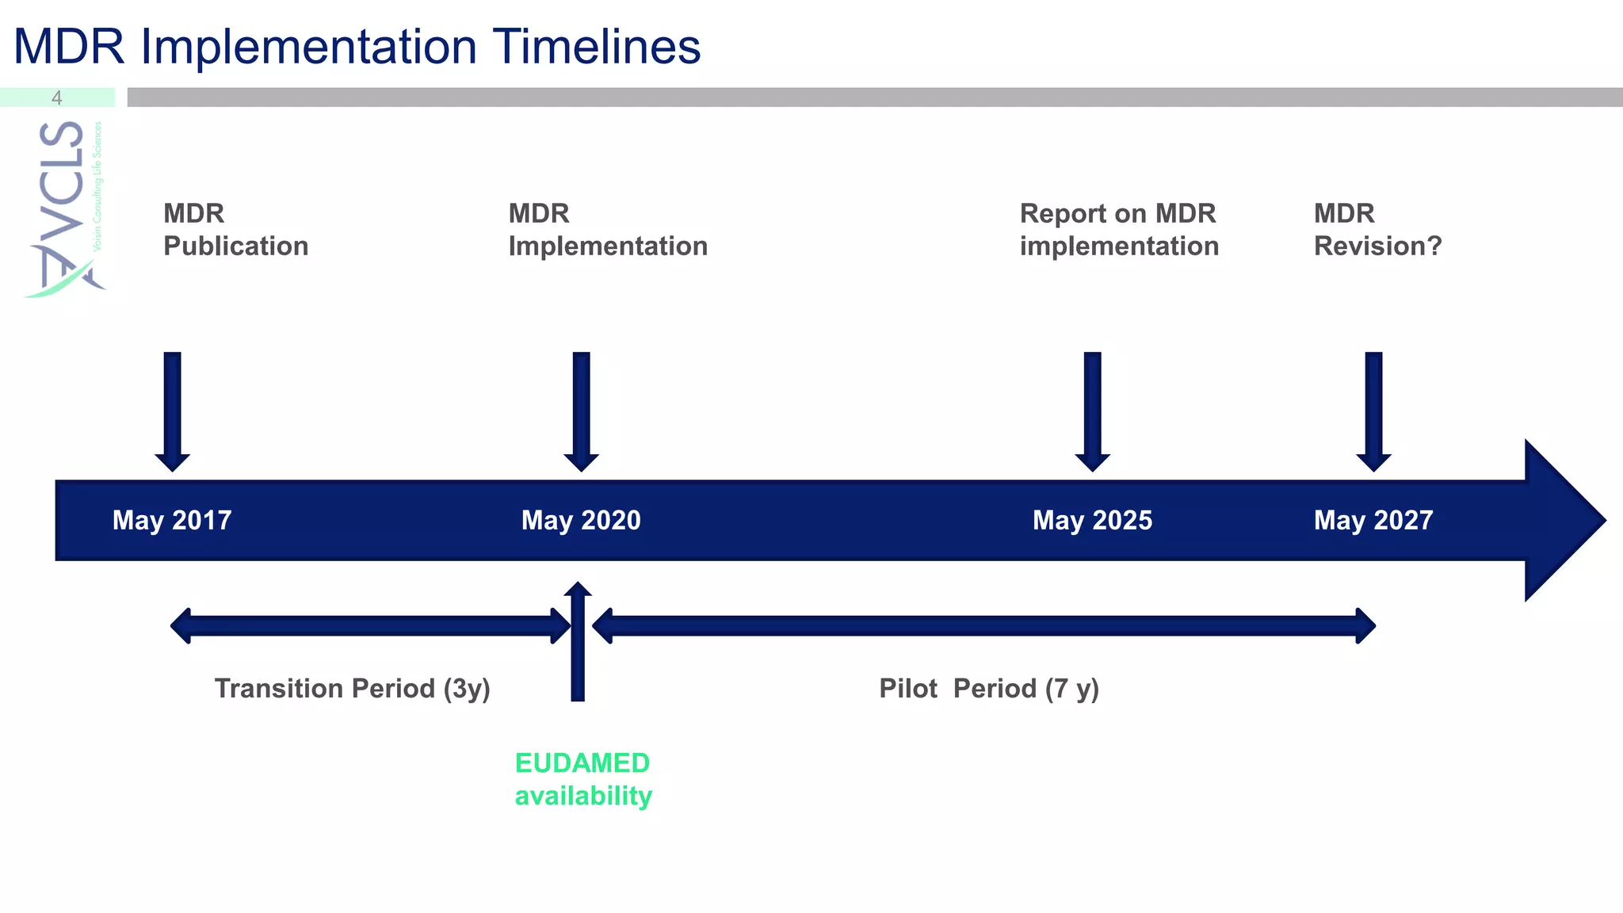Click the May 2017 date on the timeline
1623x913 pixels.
pyautogui.click(x=172, y=520)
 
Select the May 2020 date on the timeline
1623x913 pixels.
pyautogui.click(x=581, y=520)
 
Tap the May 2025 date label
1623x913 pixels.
pyautogui.click(x=1092, y=520)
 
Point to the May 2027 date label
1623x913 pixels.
pyautogui.click(x=1373, y=520)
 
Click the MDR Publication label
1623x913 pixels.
pyautogui.click(x=235, y=230)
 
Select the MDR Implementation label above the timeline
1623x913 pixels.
pyautogui.click(x=608, y=230)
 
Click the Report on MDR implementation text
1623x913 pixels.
pyautogui.click(x=1119, y=230)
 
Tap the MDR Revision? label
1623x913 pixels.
pyautogui.click(x=1377, y=230)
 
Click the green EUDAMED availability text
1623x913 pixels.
pyautogui.click(x=583, y=779)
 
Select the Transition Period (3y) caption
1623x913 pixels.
pyautogui.click(x=352, y=688)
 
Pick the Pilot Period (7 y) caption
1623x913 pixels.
pyautogui.click(x=989, y=688)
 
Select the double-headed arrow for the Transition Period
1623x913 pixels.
pyautogui.click(x=369, y=626)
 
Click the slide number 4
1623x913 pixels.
pyautogui.click(x=56, y=97)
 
